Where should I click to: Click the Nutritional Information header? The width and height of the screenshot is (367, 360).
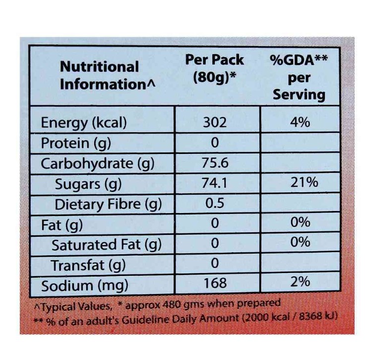(106, 75)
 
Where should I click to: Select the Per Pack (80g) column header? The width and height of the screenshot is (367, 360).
(214, 69)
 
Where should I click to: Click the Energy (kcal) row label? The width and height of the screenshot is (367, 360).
(84, 123)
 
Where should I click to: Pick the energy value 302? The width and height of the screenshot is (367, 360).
(214, 123)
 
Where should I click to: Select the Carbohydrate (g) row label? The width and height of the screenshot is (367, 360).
(94, 164)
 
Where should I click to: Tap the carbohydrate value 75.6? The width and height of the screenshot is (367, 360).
(214, 163)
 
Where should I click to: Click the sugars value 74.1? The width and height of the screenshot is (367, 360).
(214, 184)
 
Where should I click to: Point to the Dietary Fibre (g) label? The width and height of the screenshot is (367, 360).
(108, 205)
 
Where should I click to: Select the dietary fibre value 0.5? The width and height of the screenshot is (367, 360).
(215, 204)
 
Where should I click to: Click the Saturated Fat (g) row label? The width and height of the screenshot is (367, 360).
(107, 245)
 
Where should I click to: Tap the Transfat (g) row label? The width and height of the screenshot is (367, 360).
(88, 265)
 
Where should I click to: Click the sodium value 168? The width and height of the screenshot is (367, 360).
(215, 283)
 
